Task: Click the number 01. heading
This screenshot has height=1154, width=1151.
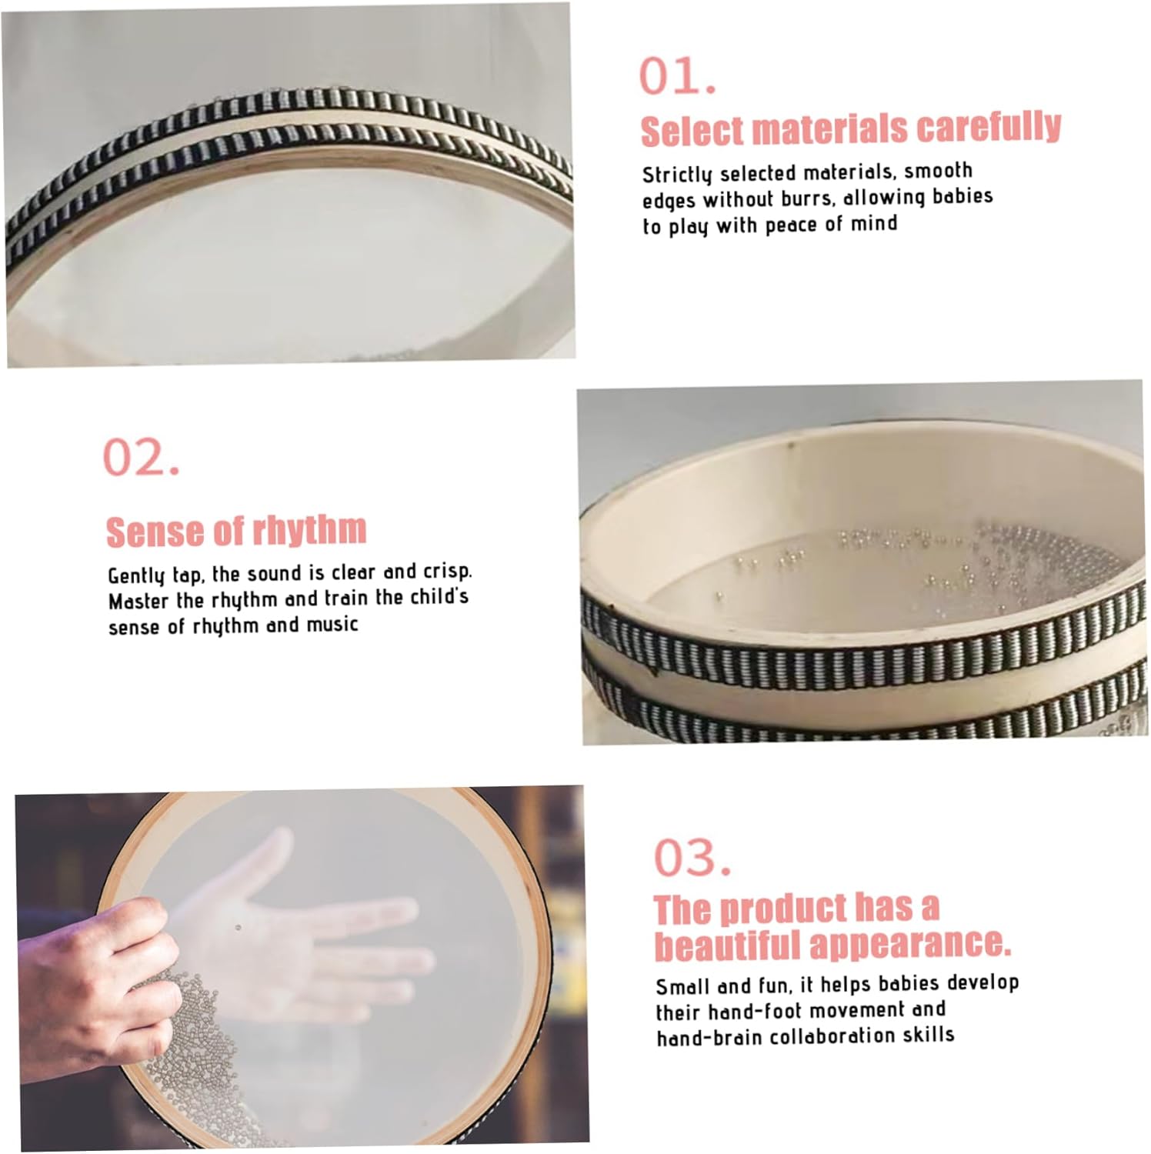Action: coord(678,76)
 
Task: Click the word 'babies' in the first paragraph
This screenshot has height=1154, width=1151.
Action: coord(963,196)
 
